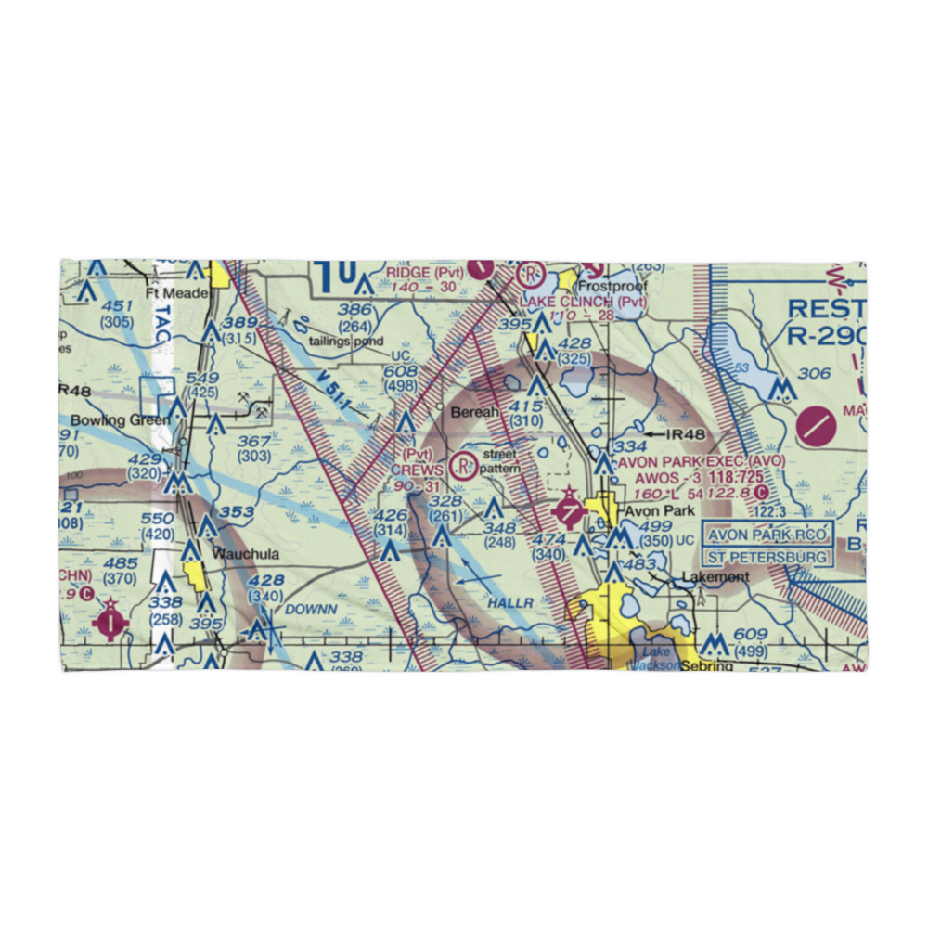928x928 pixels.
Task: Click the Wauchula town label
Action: tap(246, 554)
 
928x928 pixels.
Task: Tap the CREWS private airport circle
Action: tap(461, 466)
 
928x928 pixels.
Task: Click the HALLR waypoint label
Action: tap(510, 602)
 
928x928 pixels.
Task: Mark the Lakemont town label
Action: tap(715, 576)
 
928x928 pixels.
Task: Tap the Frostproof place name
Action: tap(612, 288)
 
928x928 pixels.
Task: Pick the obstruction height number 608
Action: tap(400, 371)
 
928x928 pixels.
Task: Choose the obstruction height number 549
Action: tap(202, 378)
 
